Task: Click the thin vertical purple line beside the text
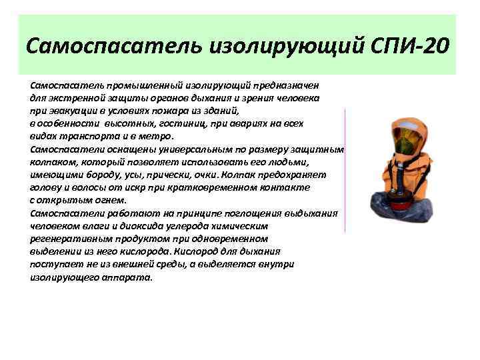345,170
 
